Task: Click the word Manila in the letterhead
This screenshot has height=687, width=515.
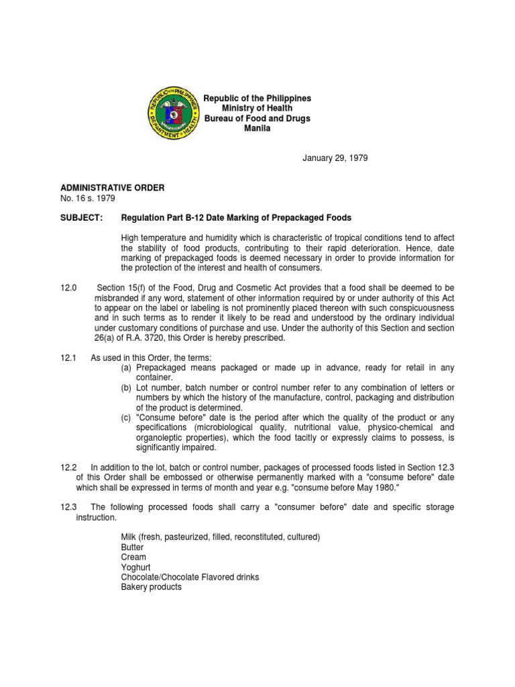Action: coord(257,128)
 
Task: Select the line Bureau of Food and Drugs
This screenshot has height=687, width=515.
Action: coord(257,118)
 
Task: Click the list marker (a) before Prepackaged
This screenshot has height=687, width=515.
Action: coord(126,368)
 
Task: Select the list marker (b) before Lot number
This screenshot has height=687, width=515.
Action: coord(126,388)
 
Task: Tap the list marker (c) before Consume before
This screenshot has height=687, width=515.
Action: coord(126,417)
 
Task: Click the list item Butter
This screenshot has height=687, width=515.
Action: coord(132,547)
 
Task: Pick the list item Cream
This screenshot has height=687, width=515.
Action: coord(133,558)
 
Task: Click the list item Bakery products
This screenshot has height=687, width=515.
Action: coord(151,587)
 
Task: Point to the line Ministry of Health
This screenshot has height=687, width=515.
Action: coord(257,108)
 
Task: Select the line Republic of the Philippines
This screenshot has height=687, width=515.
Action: coord(257,99)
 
